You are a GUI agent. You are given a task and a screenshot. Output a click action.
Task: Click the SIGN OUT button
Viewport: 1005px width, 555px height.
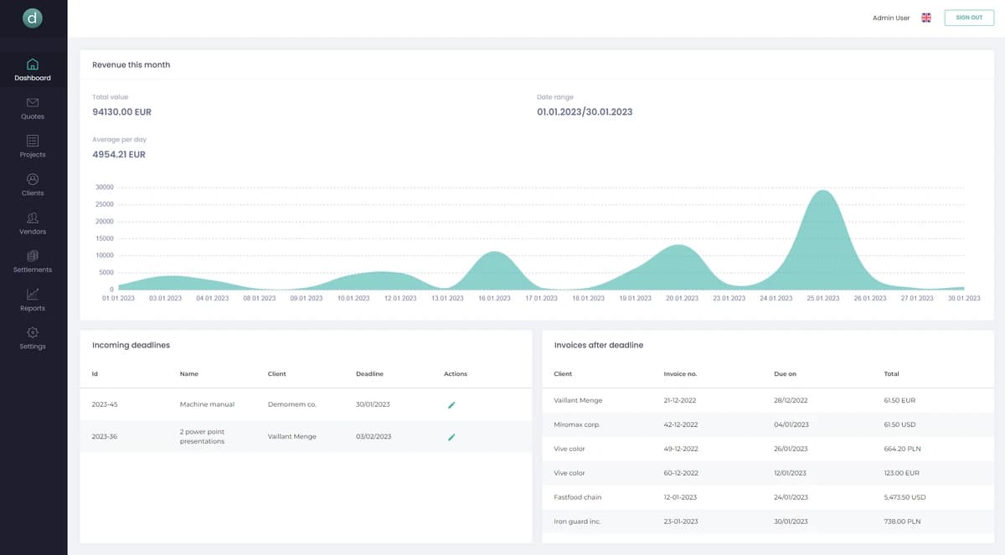(x=969, y=18)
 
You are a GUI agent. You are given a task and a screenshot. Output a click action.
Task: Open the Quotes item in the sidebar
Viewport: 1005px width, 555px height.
(x=33, y=108)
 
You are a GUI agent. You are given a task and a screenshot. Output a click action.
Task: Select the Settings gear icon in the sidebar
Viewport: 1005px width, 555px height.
(x=33, y=333)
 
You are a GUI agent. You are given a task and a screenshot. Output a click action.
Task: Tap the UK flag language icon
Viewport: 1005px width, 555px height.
(x=926, y=18)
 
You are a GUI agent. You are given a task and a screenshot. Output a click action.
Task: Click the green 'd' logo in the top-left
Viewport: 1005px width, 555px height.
(x=33, y=18)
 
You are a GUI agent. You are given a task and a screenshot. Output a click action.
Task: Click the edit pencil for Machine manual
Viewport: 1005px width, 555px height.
(x=451, y=404)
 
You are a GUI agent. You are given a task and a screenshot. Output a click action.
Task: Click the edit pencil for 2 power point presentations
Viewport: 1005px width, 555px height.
(x=451, y=436)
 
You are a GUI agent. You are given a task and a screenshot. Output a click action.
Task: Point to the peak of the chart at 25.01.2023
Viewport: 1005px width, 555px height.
(x=824, y=192)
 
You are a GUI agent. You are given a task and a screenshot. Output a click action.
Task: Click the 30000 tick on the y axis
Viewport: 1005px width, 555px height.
(x=105, y=188)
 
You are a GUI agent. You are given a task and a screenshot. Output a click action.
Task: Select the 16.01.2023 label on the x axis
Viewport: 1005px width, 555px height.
(x=494, y=298)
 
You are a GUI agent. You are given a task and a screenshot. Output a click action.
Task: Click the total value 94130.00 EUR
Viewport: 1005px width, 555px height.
(x=121, y=111)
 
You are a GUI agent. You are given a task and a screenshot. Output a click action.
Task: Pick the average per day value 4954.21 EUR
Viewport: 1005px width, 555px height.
(x=119, y=154)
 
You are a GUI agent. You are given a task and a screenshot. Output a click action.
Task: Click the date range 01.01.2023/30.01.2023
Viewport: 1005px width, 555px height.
(x=585, y=111)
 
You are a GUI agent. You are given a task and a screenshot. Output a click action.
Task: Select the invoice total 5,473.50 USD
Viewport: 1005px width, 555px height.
(x=904, y=497)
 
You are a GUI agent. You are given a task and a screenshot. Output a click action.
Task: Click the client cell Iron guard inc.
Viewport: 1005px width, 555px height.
(x=577, y=522)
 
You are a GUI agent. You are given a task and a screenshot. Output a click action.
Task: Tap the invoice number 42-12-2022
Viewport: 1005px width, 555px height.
(x=679, y=424)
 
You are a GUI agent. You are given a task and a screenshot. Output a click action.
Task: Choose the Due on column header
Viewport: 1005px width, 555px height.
(x=785, y=373)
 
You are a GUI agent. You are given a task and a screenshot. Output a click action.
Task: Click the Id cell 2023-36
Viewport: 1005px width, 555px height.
(x=105, y=436)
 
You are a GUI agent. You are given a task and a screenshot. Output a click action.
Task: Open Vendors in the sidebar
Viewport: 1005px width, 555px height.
(x=33, y=223)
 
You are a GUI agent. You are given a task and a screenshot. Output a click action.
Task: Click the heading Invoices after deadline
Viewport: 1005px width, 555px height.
(x=598, y=345)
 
